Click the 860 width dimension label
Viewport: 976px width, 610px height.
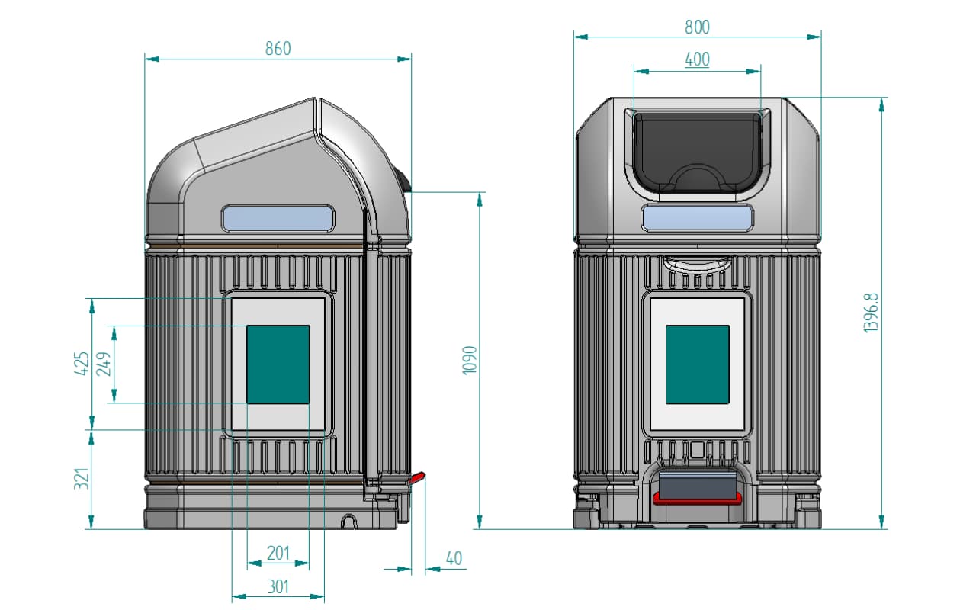278,48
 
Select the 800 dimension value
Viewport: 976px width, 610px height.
697,27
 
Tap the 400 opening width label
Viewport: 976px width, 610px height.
697,59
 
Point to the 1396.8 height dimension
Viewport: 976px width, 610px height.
871,313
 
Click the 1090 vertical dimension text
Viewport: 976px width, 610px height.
470,361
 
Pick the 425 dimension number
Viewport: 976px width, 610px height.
82,364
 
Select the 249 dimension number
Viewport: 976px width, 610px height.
104,364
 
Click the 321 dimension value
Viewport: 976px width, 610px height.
82,478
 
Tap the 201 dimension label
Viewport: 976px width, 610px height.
278,554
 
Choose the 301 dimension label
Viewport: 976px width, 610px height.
278,587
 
